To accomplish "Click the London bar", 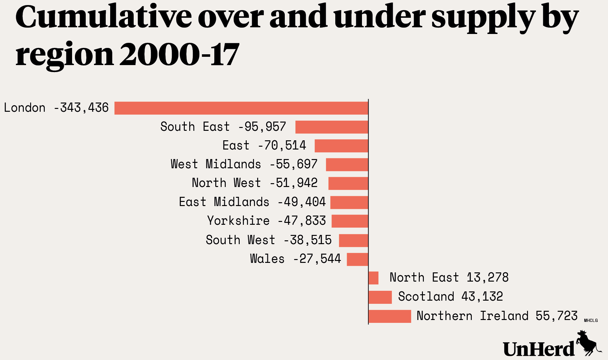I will (241, 108).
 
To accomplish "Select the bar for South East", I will (331, 127).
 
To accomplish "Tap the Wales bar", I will (357, 259).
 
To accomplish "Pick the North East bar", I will (373, 278).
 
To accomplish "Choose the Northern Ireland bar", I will (390, 316).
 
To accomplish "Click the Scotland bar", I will (380, 297).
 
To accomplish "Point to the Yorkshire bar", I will (350, 221).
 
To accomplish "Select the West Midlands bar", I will (347, 164).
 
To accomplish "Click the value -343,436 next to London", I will (81, 108).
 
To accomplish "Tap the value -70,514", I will (282, 146).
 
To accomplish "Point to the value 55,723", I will (556, 316).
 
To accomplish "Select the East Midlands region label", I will (224, 202).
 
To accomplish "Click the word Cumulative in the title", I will (104, 17).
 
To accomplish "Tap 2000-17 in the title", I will (179, 55).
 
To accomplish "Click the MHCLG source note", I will (591, 320).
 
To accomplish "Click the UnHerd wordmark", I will (538, 349).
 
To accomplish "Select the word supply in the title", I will (483, 18).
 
